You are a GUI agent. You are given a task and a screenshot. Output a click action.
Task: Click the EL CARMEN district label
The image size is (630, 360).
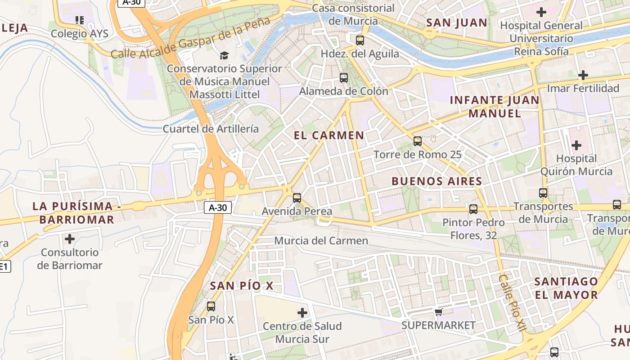[329, 135]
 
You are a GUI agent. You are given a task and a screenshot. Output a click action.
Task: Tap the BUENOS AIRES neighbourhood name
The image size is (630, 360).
[437, 181]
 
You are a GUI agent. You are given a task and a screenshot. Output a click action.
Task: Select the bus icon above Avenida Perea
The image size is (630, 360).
[297, 198]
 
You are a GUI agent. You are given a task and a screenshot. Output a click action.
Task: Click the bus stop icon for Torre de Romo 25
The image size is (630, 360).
[418, 141]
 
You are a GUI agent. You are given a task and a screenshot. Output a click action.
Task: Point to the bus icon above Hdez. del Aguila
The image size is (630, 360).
[360, 40]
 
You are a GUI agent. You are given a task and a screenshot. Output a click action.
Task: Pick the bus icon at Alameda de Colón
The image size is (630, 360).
[344, 77]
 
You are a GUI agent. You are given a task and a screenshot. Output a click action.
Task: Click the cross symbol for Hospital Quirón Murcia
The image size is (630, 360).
[576, 145]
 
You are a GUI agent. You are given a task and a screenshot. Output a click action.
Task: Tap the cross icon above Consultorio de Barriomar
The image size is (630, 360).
[70, 238]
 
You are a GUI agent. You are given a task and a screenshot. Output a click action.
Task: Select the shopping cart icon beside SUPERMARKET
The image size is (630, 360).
[438, 312]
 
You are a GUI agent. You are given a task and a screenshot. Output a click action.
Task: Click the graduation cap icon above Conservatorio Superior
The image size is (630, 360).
[224, 55]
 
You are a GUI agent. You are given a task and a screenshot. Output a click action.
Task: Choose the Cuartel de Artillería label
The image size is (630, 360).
[211, 129]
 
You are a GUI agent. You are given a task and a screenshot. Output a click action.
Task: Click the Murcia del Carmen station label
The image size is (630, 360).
[321, 241]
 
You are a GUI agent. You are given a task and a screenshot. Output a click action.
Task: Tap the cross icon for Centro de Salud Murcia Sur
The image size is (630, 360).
[302, 312]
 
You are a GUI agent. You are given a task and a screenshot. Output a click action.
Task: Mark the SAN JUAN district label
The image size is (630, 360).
[457, 22]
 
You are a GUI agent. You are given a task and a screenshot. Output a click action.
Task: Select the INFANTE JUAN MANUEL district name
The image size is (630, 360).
[495, 107]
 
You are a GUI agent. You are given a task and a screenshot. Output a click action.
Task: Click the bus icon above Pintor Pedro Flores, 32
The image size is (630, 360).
[473, 209]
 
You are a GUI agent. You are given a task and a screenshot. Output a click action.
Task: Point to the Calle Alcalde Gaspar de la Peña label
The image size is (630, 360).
[190, 39]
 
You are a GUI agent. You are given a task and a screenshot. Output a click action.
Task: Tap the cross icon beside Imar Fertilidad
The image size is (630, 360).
[583, 75]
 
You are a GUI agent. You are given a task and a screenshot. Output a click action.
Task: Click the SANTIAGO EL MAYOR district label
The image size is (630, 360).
[566, 288]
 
